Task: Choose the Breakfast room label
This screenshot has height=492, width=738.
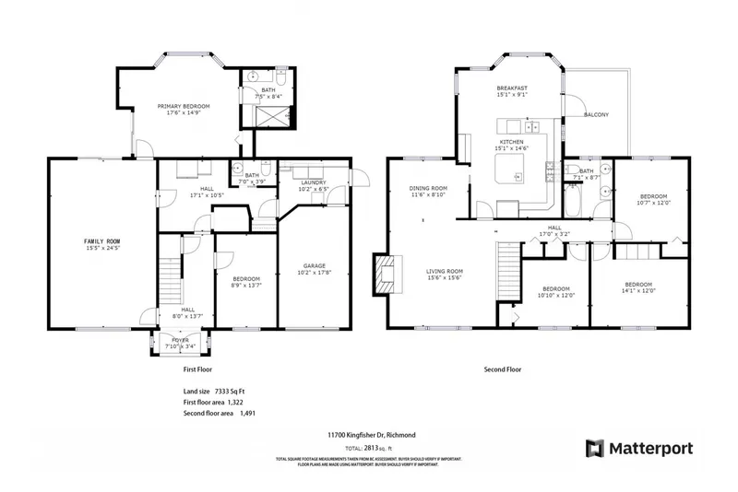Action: pos(510,90)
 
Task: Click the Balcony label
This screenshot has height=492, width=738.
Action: pos(596,115)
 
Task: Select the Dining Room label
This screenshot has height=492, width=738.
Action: pos(427,192)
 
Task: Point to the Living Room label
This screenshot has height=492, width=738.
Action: pos(444,275)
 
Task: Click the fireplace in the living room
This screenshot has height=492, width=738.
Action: pos(388,274)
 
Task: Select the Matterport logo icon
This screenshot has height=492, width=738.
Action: pos(596,449)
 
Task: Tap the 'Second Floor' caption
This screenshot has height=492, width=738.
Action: pos(503,369)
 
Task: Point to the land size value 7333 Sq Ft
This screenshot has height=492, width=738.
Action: pos(229,392)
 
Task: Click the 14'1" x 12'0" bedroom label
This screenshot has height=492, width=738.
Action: pos(638,287)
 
